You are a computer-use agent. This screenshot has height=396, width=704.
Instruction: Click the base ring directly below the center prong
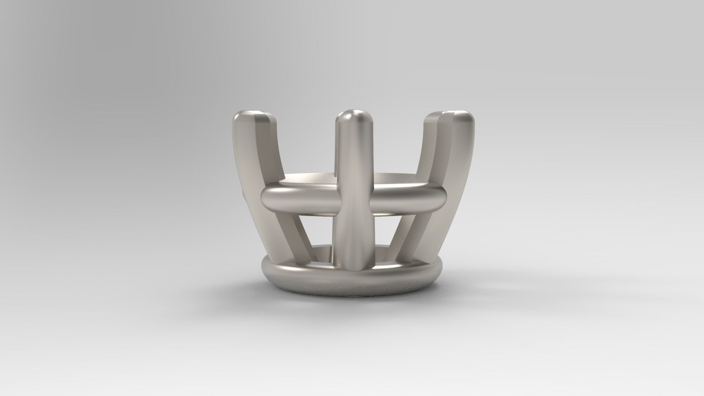(352, 282)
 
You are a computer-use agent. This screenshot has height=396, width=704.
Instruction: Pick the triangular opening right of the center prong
(387, 233)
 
